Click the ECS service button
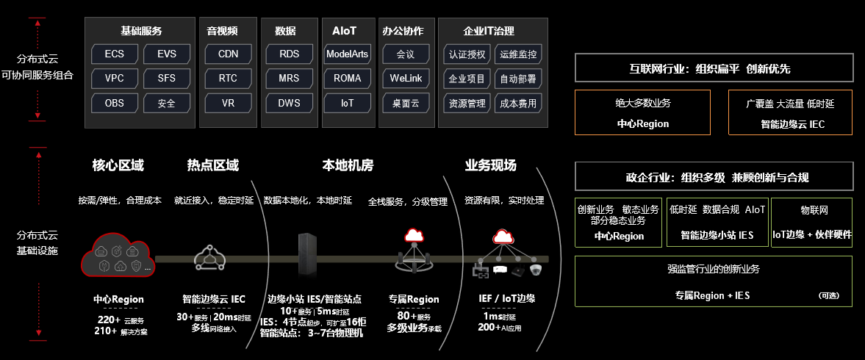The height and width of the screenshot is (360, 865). [115, 54]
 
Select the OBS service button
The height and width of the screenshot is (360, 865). [115, 103]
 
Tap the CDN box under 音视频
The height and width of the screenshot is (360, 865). [228, 54]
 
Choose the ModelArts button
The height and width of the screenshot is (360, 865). [347, 54]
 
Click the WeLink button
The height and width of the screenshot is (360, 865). [405, 78]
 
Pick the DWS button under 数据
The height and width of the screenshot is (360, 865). [289, 103]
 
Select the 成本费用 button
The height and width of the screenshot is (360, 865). [518, 103]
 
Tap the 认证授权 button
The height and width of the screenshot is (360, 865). [467, 54]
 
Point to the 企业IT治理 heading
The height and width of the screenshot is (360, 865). [489, 31]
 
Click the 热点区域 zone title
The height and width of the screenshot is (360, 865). [213, 165]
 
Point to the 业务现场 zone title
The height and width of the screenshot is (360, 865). [491, 165]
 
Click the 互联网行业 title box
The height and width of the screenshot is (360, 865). [714, 68]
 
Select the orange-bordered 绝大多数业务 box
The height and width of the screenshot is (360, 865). [642, 112]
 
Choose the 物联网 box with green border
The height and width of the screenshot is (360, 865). [812, 221]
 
